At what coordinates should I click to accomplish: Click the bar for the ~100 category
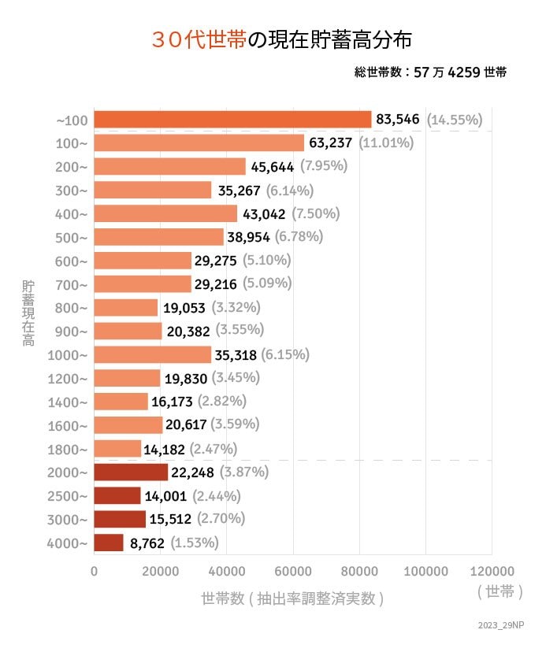click(x=232, y=120)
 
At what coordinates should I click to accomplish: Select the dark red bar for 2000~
click(x=131, y=472)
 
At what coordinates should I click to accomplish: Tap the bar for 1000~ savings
click(x=153, y=354)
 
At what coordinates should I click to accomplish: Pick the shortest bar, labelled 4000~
click(x=109, y=543)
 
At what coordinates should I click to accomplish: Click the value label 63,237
click(x=332, y=143)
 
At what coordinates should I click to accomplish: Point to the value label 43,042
click(x=265, y=213)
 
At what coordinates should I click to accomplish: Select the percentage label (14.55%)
click(x=455, y=120)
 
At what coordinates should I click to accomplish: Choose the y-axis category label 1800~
click(x=69, y=449)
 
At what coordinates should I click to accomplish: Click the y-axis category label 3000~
click(x=69, y=520)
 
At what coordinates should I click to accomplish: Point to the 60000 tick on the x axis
click(x=293, y=571)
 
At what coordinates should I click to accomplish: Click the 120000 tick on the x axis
click(x=492, y=571)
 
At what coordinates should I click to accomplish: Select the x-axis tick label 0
click(x=95, y=571)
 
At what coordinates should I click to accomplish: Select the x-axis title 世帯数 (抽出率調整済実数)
click(x=292, y=598)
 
